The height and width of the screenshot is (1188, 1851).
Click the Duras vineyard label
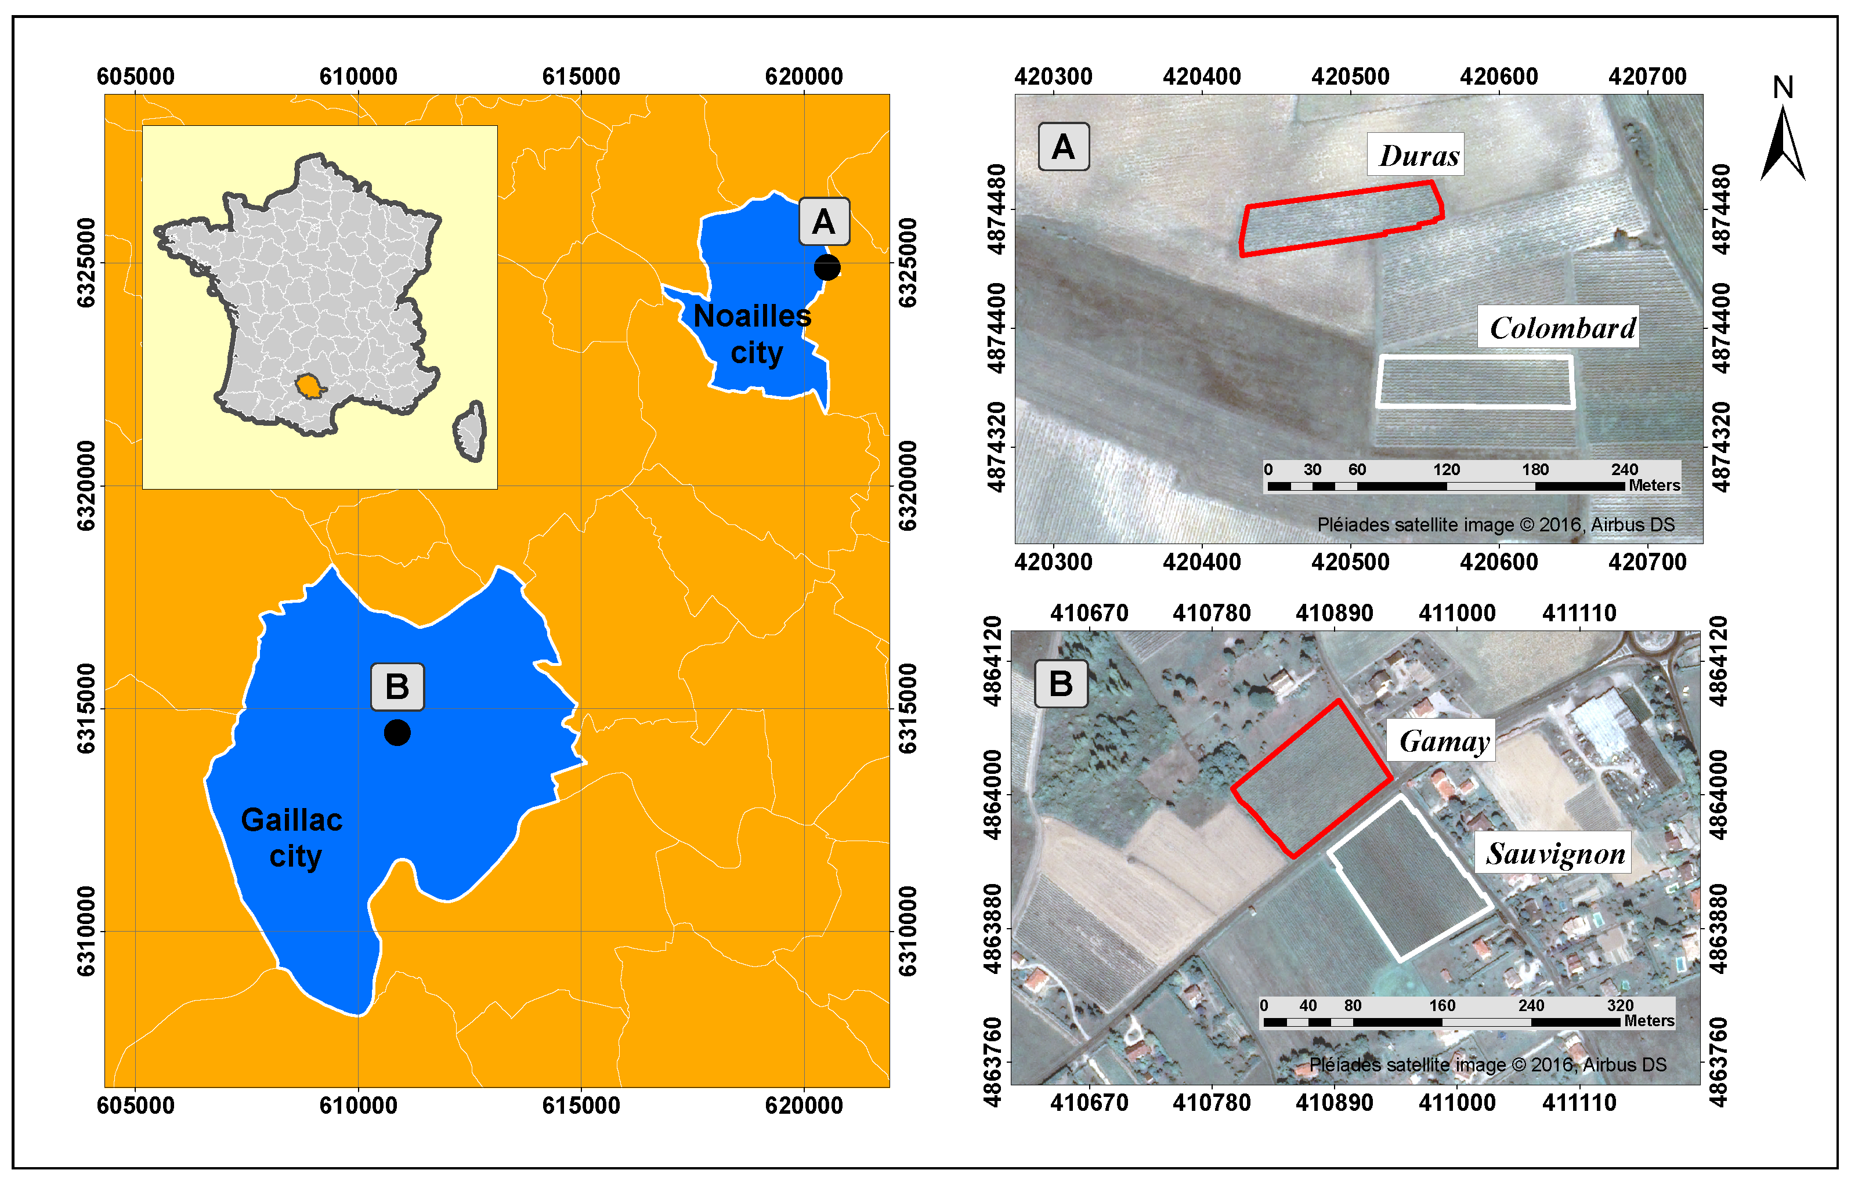[x=1418, y=155]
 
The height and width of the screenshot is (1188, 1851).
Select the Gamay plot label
[x=1444, y=741]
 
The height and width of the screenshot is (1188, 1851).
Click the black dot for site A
[x=826, y=267]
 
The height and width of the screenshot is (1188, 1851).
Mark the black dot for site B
[x=396, y=732]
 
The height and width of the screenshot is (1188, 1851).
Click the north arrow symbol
[x=1783, y=143]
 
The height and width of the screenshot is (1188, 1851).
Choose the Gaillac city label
[x=292, y=838]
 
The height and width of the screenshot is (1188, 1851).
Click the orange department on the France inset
[x=309, y=386]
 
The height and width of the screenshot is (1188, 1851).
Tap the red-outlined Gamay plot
[x=1312, y=779]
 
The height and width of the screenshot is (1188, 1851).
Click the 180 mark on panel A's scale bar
[x=1535, y=470]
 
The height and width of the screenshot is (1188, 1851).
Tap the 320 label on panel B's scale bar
[x=1619, y=1006]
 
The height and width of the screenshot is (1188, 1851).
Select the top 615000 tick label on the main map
[x=581, y=77]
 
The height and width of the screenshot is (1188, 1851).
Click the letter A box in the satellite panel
[x=1063, y=147]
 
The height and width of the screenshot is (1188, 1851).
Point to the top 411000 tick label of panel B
[x=1457, y=613]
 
